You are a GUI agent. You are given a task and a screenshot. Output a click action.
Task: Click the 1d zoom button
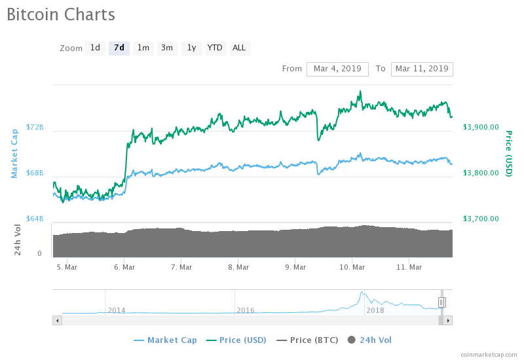click(95, 48)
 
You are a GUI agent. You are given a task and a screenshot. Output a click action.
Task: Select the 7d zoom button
click(119, 48)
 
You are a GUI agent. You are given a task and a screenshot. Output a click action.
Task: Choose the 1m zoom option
click(143, 48)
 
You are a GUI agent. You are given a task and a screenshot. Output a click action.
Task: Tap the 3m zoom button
click(167, 48)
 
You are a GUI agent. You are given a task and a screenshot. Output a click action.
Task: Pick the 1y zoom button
click(191, 48)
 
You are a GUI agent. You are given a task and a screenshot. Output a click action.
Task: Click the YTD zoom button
click(215, 48)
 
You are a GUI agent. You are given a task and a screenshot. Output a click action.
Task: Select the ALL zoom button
click(239, 48)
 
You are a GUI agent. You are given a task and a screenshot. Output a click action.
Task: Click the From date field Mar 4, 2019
click(338, 69)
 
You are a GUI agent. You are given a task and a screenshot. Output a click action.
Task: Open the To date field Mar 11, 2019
click(422, 69)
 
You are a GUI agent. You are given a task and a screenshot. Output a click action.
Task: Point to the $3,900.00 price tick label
click(481, 127)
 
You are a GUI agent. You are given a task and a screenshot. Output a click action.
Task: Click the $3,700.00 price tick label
click(481, 219)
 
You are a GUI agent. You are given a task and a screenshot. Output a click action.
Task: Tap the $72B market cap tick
click(35, 127)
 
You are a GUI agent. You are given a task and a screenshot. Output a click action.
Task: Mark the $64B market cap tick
click(35, 219)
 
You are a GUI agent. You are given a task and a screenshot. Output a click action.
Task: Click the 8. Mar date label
click(238, 267)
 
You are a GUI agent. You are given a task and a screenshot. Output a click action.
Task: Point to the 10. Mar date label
click(352, 267)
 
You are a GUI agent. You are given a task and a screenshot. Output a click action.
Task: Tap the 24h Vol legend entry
click(375, 340)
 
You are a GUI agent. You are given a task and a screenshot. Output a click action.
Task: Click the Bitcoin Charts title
click(61, 14)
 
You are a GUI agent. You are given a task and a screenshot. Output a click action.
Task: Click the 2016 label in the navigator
click(246, 310)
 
